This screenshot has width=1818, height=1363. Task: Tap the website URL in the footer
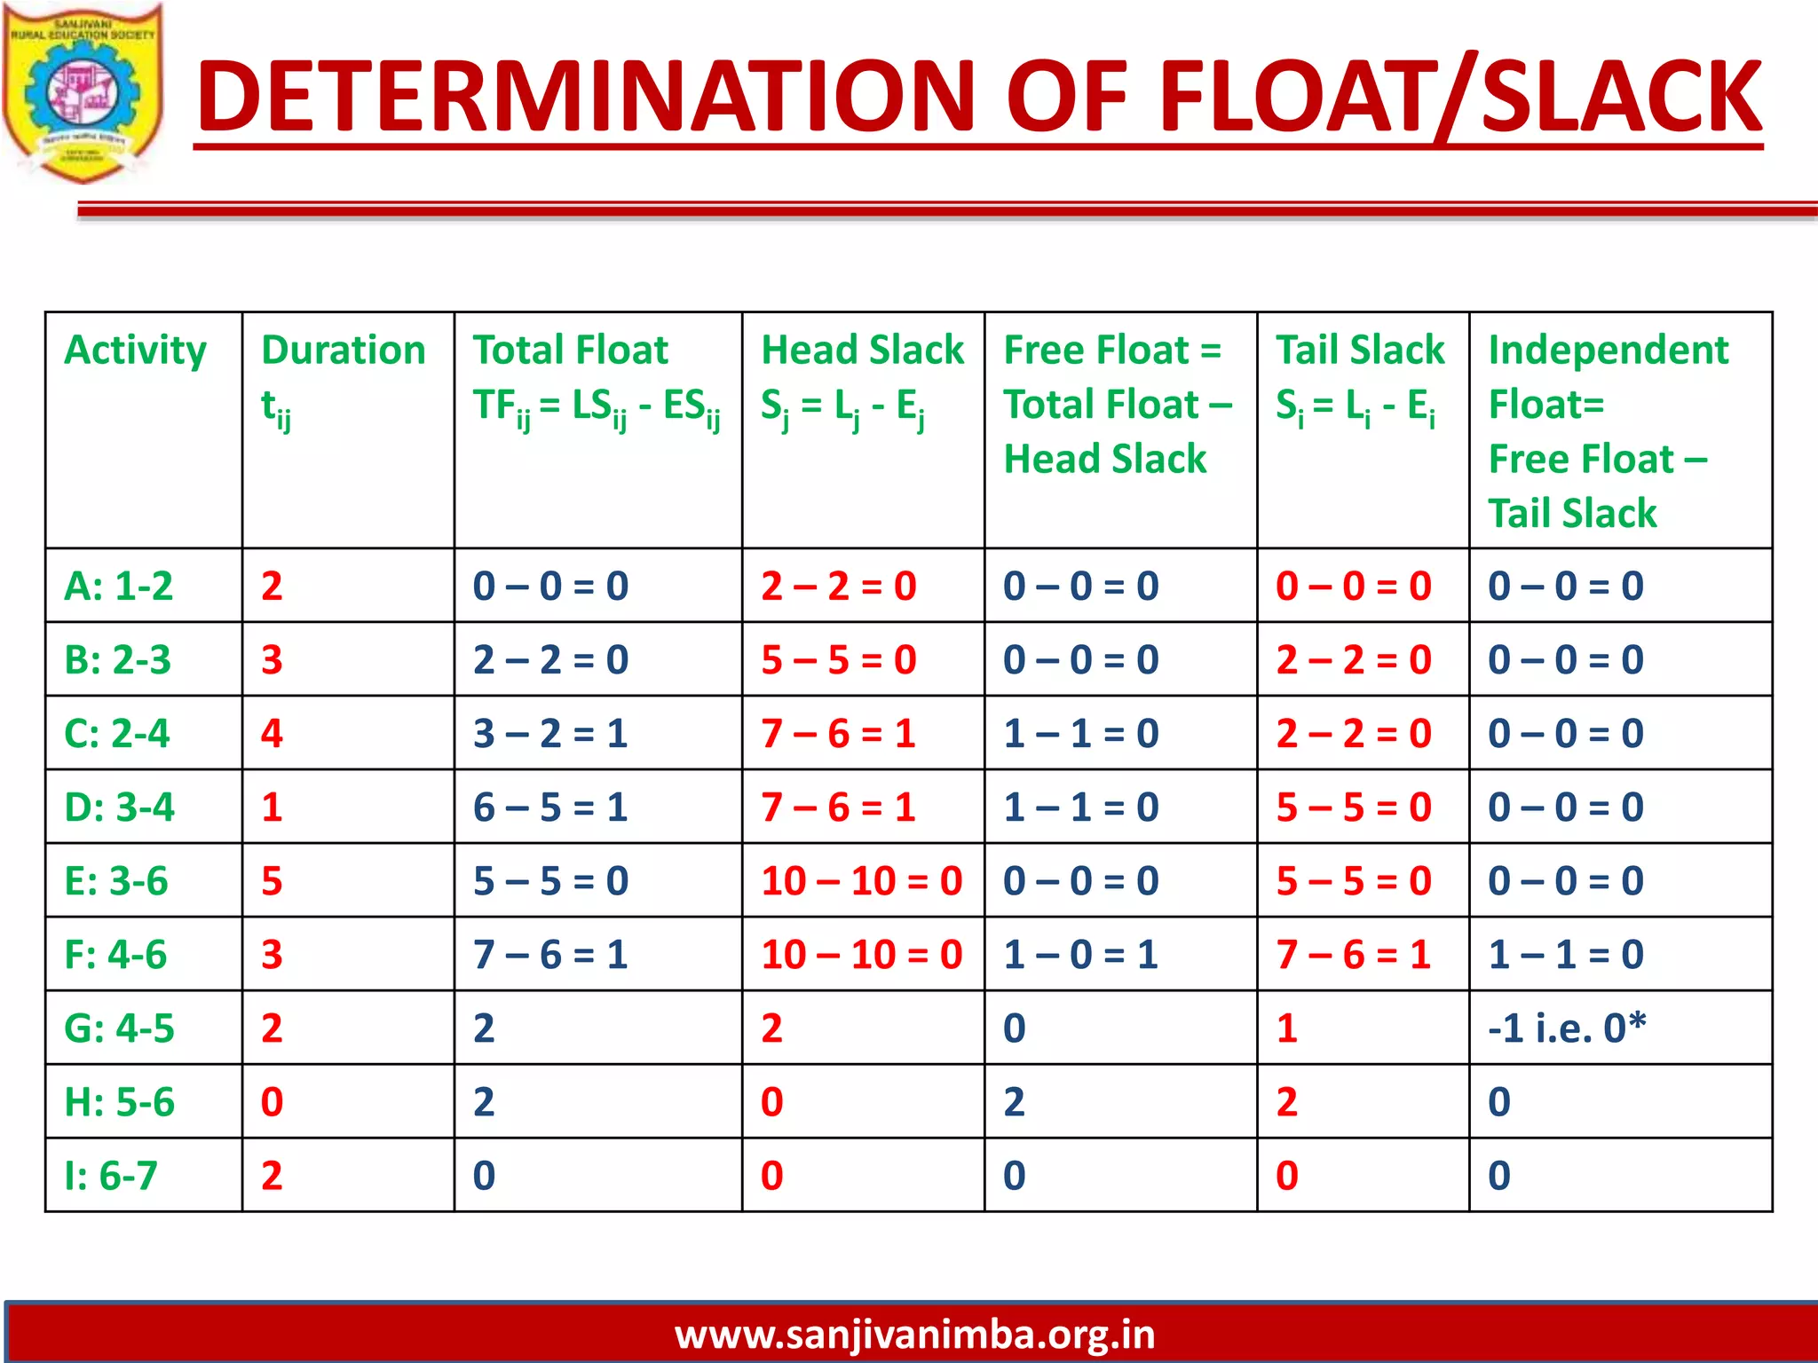[x=914, y=1335]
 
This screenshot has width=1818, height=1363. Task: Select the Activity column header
[x=135, y=350]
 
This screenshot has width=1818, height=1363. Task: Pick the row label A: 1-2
[x=118, y=586]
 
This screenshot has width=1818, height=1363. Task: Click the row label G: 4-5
[x=119, y=1028]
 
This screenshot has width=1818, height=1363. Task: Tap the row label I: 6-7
[x=111, y=1176]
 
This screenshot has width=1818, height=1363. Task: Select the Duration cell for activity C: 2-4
[x=272, y=734]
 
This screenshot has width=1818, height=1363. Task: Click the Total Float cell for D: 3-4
[x=550, y=808]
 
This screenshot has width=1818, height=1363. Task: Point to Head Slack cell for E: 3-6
[x=861, y=881]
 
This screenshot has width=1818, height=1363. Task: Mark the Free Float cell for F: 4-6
[x=1080, y=955]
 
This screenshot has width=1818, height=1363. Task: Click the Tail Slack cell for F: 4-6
[x=1353, y=955]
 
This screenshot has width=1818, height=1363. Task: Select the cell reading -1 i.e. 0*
[x=1567, y=1028]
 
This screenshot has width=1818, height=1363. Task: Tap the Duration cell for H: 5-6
[x=272, y=1102]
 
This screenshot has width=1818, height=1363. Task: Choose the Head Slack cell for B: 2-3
[x=838, y=660]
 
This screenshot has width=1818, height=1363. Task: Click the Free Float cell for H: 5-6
[x=1014, y=1102]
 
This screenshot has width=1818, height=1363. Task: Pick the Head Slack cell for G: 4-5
[x=771, y=1028]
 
